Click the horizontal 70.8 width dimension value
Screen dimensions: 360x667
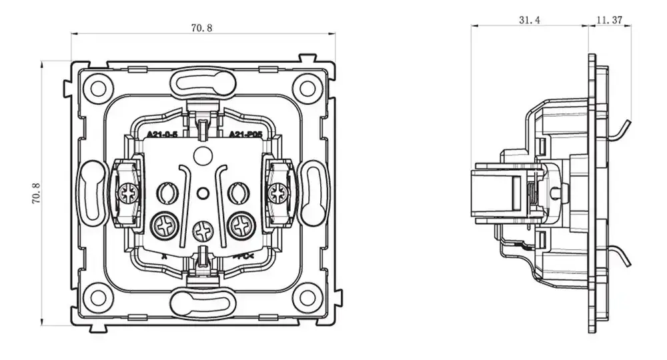click(x=201, y=28)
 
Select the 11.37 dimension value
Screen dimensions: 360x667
click(x=608, y=20)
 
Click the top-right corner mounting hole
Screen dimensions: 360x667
click(x=307, y=87)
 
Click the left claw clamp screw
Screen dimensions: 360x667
click(x=127, y=194)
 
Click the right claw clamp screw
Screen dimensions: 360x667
click(x=277, y=194)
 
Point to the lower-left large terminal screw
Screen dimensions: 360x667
click(x=164, y=227)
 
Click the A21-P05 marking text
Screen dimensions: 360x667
click(x=245, y=135)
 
